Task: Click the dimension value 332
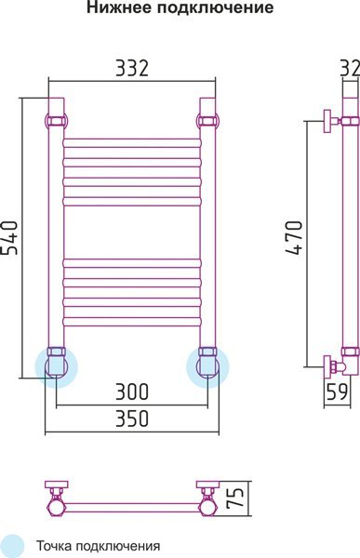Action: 132,68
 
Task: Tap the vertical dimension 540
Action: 9,238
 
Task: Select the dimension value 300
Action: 132,392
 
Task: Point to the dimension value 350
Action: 132,418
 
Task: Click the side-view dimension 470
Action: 294,238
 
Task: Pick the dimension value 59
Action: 337,392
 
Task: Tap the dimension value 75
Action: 236,497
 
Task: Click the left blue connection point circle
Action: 56,366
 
